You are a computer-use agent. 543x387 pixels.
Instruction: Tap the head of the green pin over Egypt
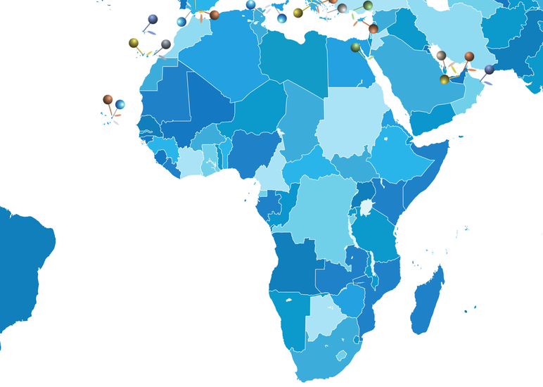(356, 47)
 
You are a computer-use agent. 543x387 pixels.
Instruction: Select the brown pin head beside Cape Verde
(108, 99)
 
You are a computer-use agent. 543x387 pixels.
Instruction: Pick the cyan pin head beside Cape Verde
(120, 105)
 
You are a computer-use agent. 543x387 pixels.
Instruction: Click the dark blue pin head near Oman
(490, 70)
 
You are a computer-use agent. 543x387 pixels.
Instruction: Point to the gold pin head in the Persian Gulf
(445, 80)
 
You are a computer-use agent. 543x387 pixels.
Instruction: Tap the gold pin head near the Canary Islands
(134, 43)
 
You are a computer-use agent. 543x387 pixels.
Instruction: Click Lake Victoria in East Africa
(366, 208)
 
